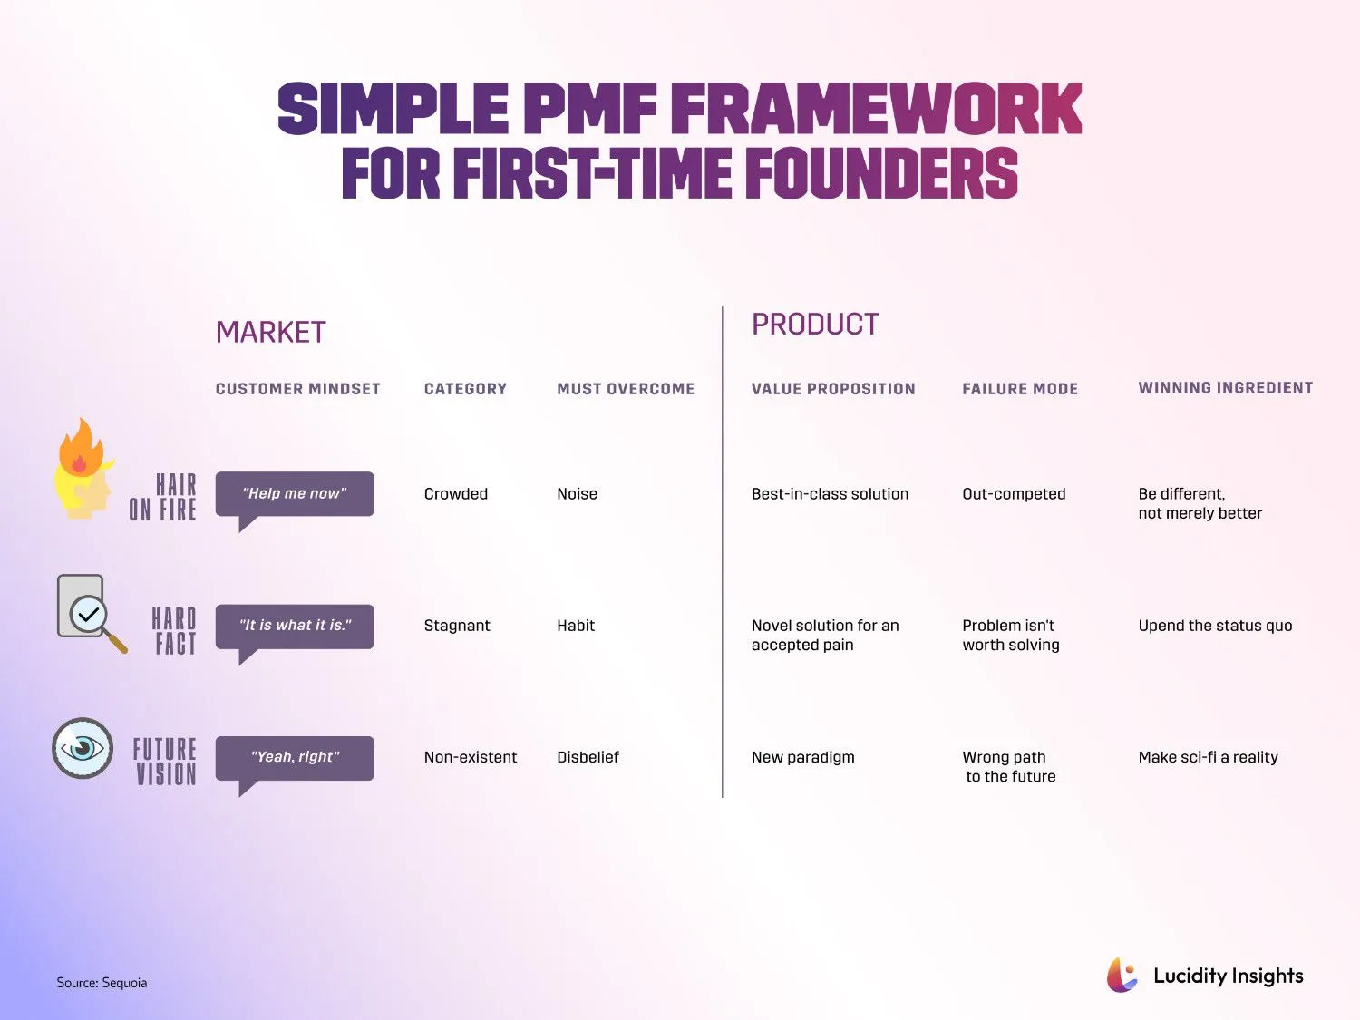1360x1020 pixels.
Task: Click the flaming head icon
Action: [83, 471]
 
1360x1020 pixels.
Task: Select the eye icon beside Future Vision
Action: [83, 748]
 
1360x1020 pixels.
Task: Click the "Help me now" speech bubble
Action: [295, 494]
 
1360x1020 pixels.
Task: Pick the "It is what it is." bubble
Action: [295, 626]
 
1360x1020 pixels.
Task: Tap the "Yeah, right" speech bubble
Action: [295, 757]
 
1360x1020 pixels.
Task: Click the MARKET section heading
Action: [270, 333]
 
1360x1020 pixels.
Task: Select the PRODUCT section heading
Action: [815, 325]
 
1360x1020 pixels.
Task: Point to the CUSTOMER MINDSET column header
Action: [297, 389]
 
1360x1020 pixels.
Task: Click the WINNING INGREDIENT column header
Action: [1225, 388]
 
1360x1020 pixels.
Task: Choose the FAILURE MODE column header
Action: [1020, 389]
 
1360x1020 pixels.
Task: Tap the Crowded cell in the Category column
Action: [455, 494]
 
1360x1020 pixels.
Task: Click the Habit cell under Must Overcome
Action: [576, 626]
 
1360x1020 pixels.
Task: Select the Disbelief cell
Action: [588, 757]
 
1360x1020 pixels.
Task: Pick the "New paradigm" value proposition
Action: [802, 757]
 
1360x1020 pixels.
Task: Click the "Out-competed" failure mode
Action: [1014, 494]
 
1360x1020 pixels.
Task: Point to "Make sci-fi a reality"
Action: [1208, 757]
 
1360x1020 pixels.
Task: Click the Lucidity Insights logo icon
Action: [1122, 976]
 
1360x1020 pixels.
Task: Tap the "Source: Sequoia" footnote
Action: [102, 983]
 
